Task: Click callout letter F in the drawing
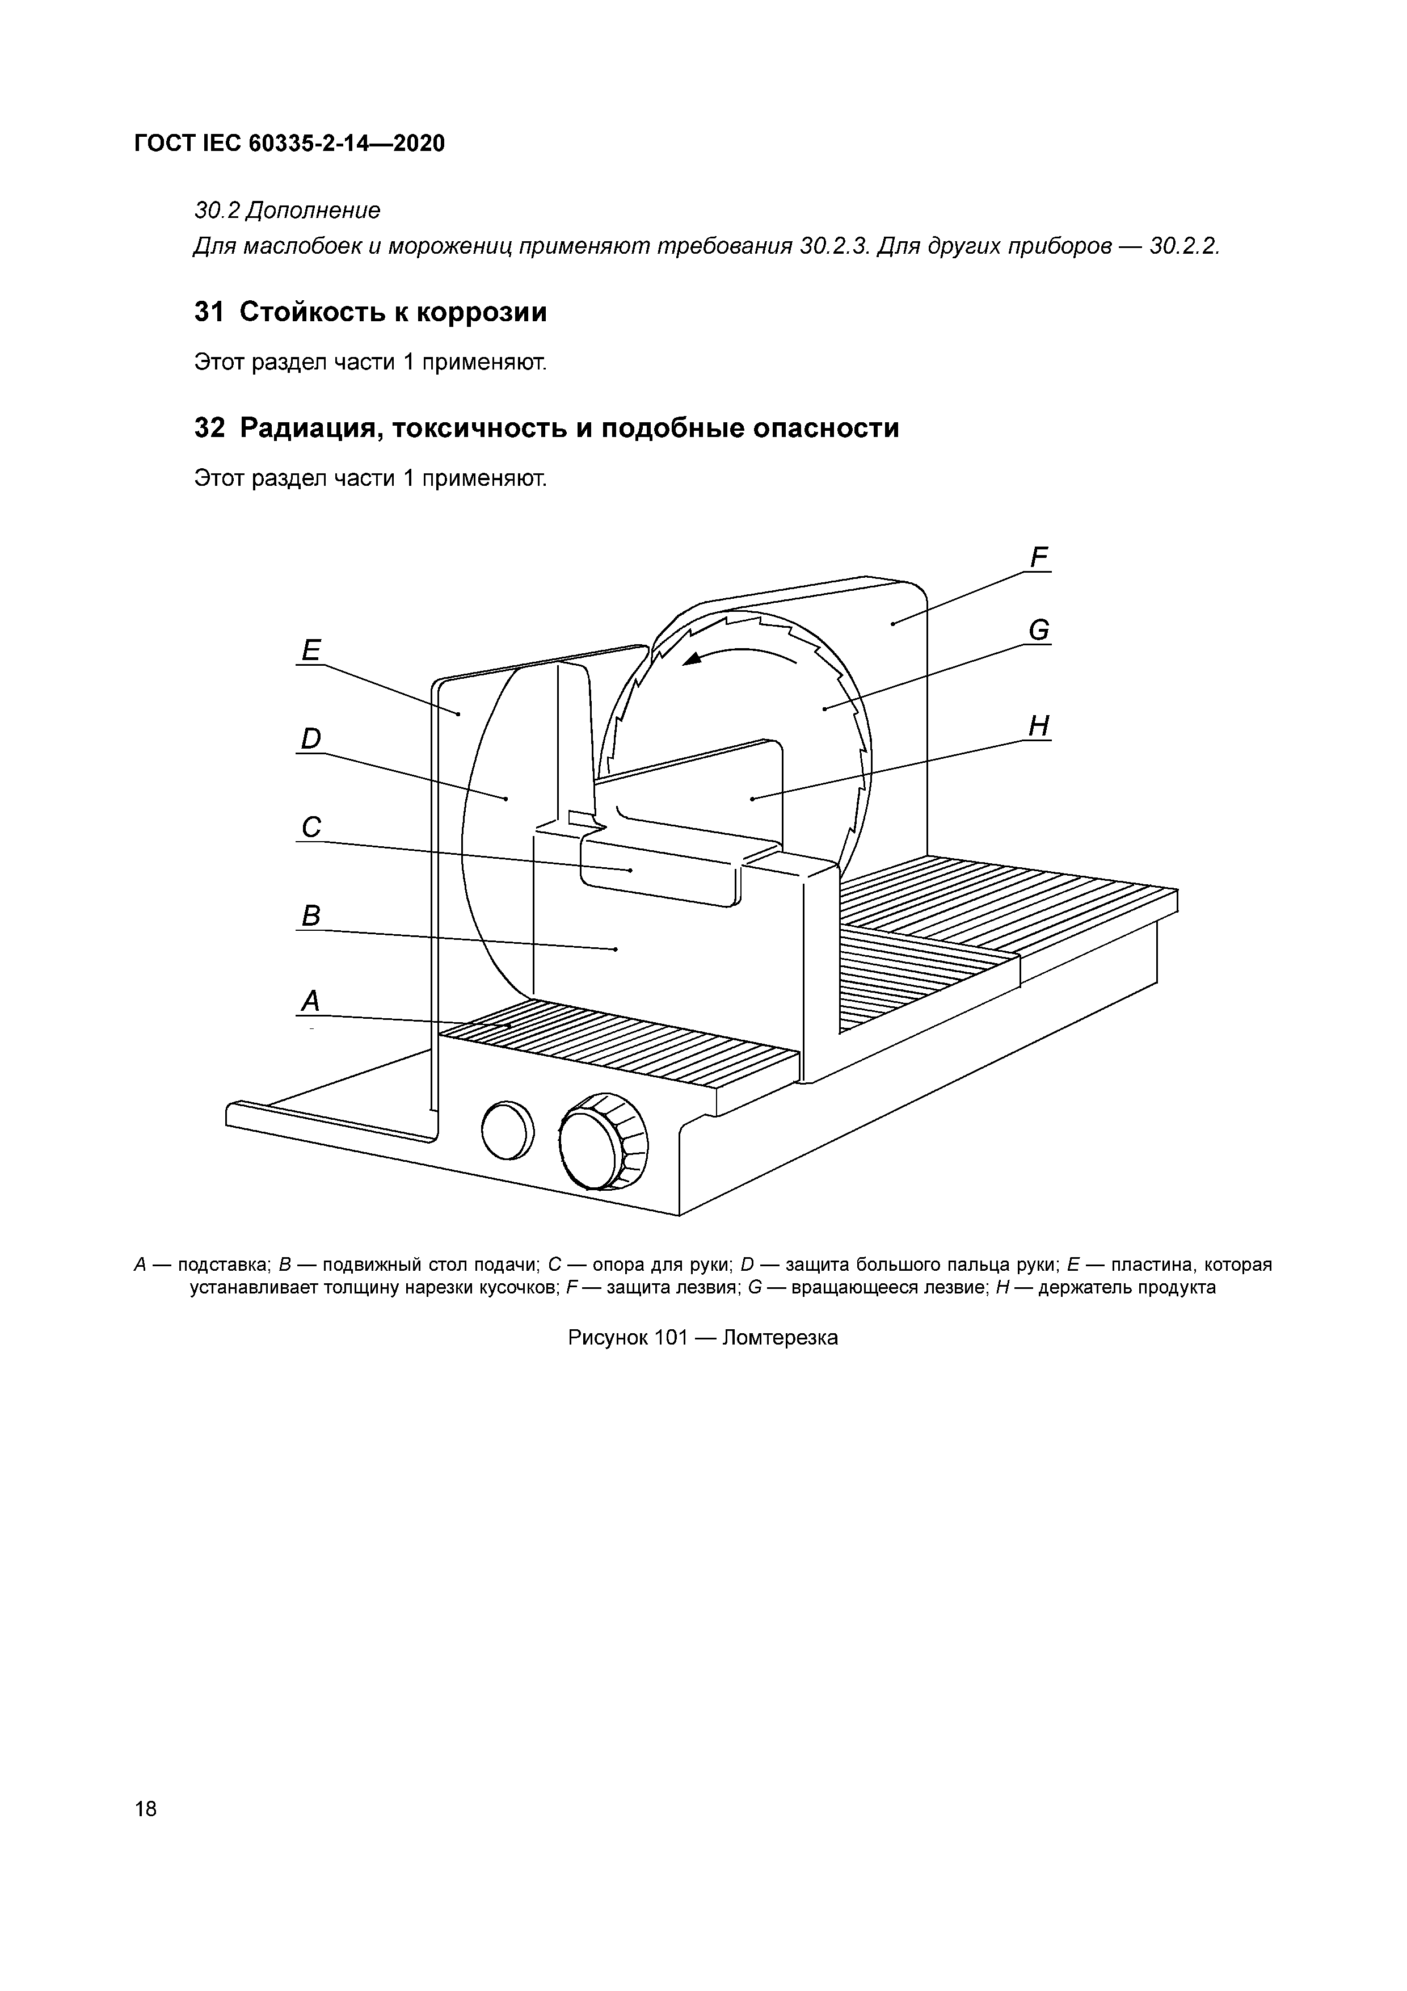click(x=1039, y=557)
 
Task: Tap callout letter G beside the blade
click(x=1039, y=631)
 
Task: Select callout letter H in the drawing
click(x=1039, y=726)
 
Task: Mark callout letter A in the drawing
click(x=310, y=1002)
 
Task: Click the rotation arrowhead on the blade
click(x=693, y=660)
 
